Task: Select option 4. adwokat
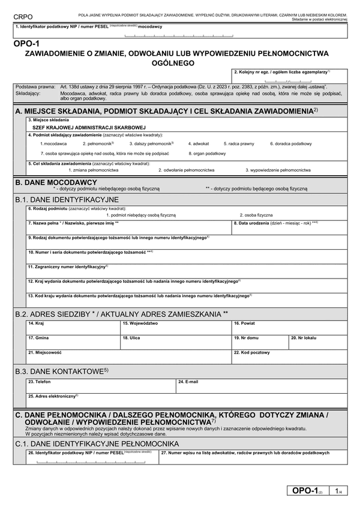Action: [x=198, y=144]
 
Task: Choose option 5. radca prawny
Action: [x=239, y=144]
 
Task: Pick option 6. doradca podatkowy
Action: [x=290, y=144]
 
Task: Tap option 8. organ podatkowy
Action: [x=207, y=154]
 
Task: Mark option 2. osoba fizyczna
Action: [x=256, y=214]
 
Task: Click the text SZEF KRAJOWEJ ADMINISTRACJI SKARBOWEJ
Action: [x=89, y=127]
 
